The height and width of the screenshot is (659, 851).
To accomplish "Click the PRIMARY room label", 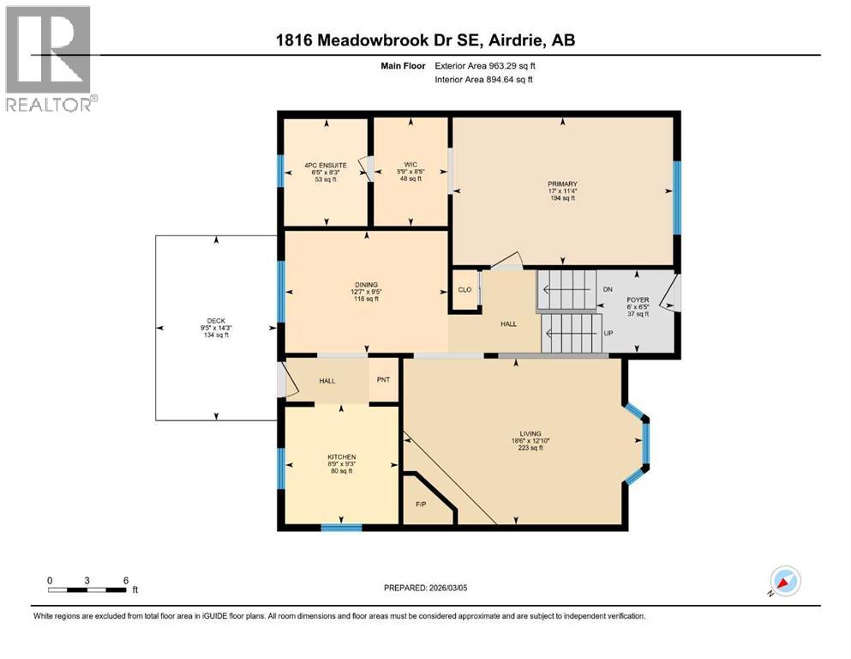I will (x=562, y=184).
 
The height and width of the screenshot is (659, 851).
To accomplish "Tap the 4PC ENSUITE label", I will (x=325, y=165).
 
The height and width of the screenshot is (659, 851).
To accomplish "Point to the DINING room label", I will (x=366, y=285).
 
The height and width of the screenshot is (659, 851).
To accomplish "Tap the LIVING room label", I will (x=529, y=433).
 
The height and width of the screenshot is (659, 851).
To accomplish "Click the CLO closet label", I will (x=464, y=290).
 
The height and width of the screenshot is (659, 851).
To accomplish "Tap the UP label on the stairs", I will (x=608, y=332).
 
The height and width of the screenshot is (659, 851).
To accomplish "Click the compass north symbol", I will (x=784, y=581).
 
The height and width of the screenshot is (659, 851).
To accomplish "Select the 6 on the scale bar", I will (x=126, y=580).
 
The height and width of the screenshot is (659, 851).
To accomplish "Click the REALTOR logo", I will (x=50, y=60).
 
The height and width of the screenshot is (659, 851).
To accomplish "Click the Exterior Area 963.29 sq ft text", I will (x=492, y=66).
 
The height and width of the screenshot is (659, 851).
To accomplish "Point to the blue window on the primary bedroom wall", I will (x=676, y=198).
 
